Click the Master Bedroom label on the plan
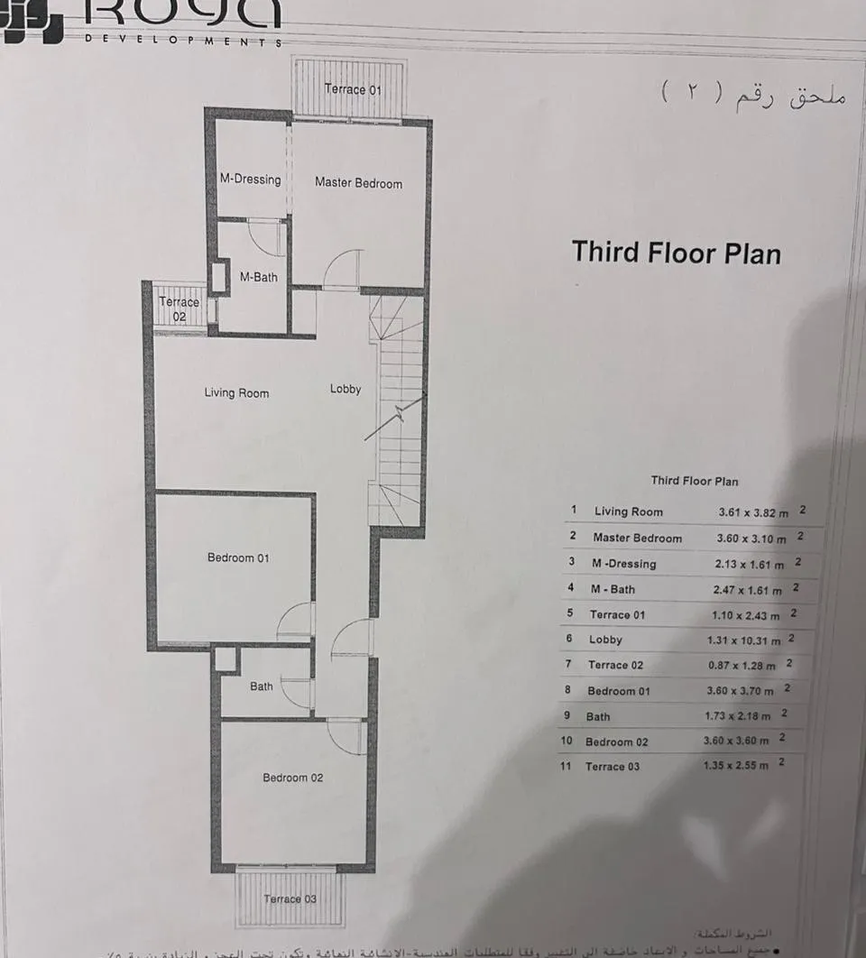pyautogui.click(x=358, y=183)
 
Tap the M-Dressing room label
pyautogui.click(x=250, y=180)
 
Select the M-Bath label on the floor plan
pyautogui.click(x=258, y=278)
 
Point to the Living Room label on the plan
pyautogui.click(x=236, y=392)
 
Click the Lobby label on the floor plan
pyautogui.click(x=345, y=389)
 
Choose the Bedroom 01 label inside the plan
pyautogui.click(x=238, y=557)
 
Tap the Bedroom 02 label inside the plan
pyautogui.click(x=292, y=778)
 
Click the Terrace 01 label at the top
pyautogui.click(x=353, y=89)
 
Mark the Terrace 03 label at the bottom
pyautogui.click(x=290, y=899)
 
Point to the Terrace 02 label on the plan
pyautogui.click(x=180, y=309)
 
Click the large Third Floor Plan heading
pyautogui.click(x=677, y=252)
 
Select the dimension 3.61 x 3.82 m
pyautogui.click(x=753, y=512)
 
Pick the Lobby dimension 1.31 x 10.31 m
pyautogui.click(x=745, y=640)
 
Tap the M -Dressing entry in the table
pyautogui.click(x=623, y=564)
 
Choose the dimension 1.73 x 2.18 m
pyautogui.click(x=738, y=716)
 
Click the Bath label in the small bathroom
pyautogui.click(x=262, y=686)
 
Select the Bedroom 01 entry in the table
pyautogui.click(x=618, y=691)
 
